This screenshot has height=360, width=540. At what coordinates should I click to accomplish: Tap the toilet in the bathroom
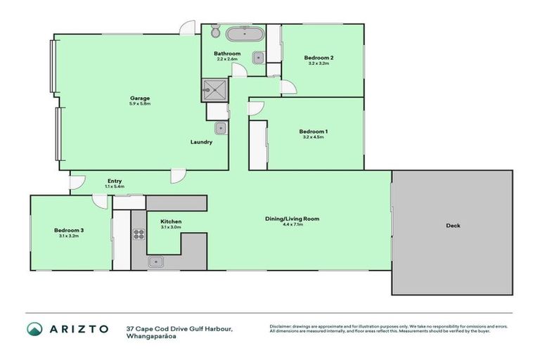(x=214, y=31)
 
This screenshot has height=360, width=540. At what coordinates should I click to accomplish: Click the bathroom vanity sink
(x=258, y=58)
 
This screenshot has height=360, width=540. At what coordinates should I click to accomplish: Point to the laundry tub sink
(x=220, y=128)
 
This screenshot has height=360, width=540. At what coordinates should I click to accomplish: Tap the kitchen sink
(x=155, y=262)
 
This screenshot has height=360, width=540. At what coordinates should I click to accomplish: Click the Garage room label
(x=139, y=98)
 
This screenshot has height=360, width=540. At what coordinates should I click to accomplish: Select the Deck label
(x=454, y=226)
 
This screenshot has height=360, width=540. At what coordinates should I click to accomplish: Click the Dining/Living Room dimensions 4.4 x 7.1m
(x=292, y=226)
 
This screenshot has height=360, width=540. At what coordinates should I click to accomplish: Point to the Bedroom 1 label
(x=313, y=131)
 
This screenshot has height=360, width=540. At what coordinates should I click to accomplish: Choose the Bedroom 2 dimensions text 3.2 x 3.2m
(x=318, y=63)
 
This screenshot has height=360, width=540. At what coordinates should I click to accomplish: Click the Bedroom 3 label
(x=69, y=231)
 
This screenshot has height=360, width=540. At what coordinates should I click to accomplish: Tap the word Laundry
(x=201, y=142)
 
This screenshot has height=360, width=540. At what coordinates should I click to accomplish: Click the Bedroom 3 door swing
(x=101, y=201)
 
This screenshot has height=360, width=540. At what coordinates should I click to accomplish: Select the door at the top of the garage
(x=187, y=28)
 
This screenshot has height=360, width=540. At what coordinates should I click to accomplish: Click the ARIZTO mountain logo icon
(x=34, y=329)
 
